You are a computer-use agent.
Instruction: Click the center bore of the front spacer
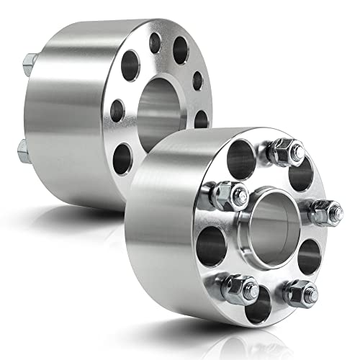[273, 220]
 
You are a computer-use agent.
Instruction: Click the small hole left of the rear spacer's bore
[116, 110]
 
